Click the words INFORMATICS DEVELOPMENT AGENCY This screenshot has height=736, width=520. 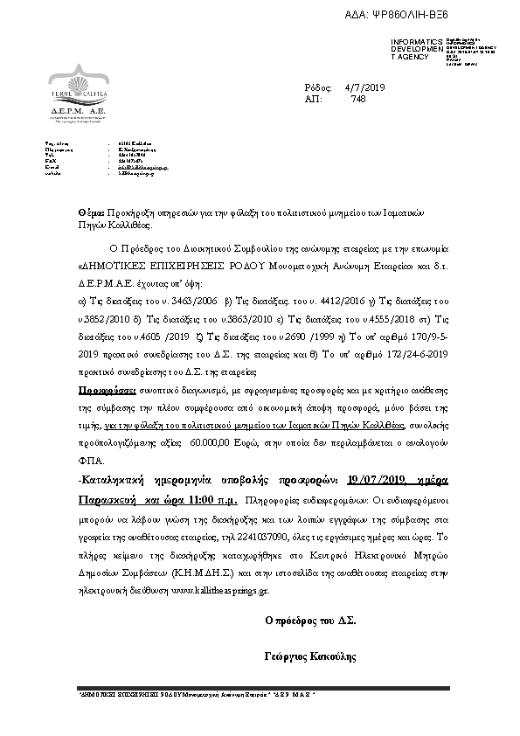click(410, 50)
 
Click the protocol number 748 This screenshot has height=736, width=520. click(357, 100)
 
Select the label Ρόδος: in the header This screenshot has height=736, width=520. click(318, 88)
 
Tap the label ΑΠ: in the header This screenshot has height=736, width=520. click(313, 100)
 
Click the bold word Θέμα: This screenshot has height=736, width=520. click(91, 212)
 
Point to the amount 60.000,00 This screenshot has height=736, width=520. click(213, 446)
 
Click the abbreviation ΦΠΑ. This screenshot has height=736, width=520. click(90, 460)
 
